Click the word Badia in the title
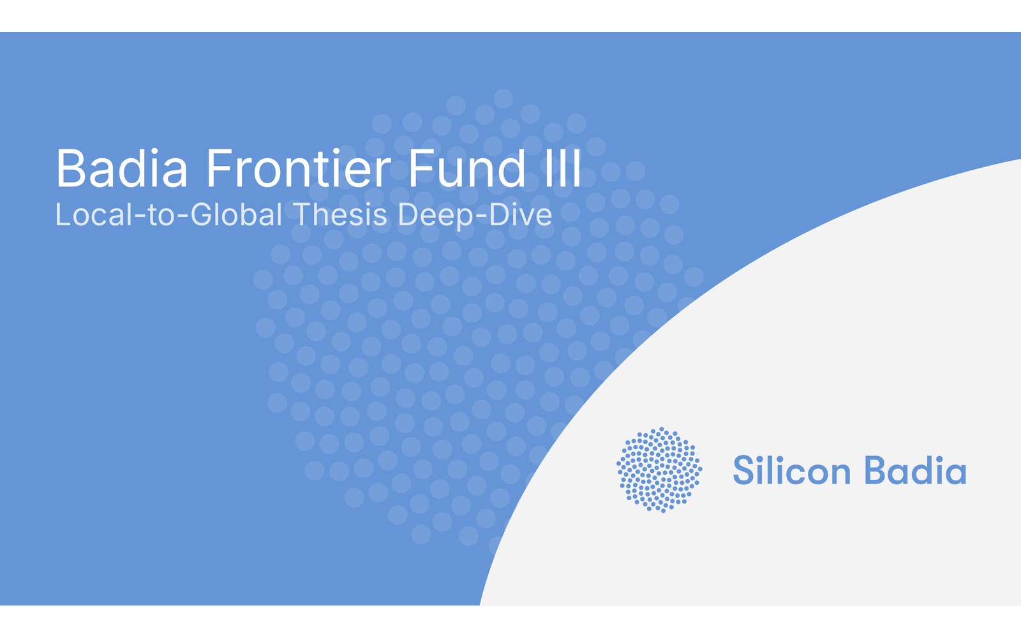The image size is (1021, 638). (x=122, y=168)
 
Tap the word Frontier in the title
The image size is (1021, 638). (x=299, y=168)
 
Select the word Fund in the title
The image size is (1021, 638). (x=466, y=168)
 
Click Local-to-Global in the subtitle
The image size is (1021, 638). (x=168, y=214)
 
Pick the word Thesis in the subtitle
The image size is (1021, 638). (x=340, y=214)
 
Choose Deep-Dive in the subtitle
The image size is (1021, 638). (x=475, y=215)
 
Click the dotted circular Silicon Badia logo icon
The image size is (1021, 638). (x=659, y=470)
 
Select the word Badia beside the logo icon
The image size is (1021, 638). (x=915, y=470)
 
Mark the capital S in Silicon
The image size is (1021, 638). (x=743, y=470)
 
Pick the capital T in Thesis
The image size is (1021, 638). (x=302, y=214)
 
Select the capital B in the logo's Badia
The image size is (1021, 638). (x=875, y=470)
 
